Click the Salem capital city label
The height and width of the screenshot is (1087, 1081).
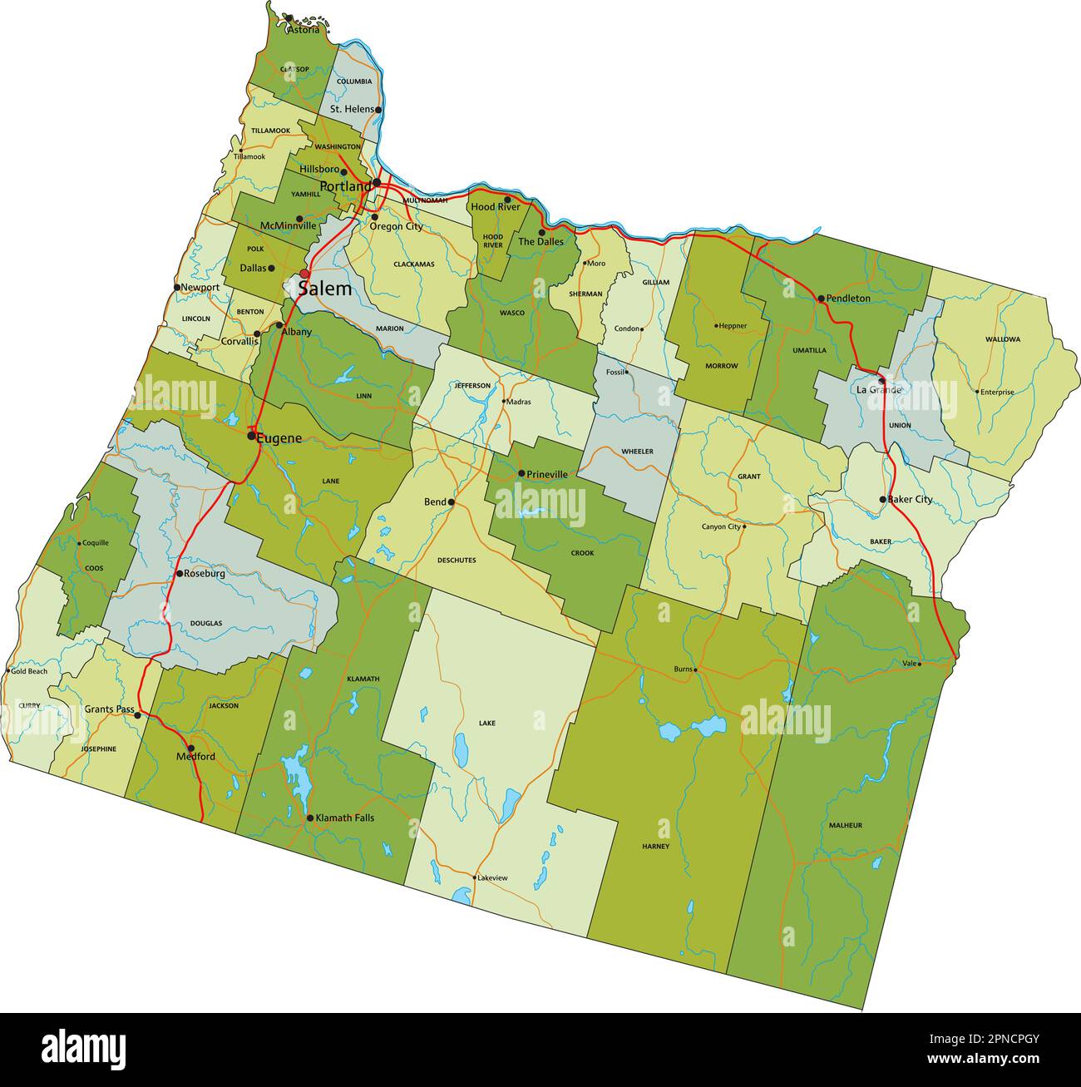(324, 289)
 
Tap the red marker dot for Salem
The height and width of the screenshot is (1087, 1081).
(304, 274)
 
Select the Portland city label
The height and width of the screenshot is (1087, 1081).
(344, 186)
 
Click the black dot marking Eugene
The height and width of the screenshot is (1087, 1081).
(251, 435)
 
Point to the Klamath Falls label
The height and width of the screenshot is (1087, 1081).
(345, 818)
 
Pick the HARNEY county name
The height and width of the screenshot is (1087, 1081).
(655, 846)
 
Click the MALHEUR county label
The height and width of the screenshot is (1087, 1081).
(845, 825)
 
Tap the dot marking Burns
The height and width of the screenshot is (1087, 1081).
(696, 669)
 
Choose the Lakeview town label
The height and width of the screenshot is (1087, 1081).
(492, 877)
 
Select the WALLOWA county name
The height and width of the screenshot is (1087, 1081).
(1002, 339)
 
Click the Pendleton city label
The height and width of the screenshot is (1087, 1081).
(848, 298)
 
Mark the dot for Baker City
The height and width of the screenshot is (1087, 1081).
(883, 500)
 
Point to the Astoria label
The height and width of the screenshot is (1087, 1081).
(303, 30)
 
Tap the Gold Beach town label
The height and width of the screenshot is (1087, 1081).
(29, 670)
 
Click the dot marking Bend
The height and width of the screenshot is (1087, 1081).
(452, 502)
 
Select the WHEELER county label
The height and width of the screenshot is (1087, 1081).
(637, 451)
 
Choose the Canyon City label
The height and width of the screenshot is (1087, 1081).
(721, 526)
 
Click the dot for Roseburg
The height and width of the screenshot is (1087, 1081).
(179, 574)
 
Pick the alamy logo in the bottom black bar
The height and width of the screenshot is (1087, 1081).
(83, 1050)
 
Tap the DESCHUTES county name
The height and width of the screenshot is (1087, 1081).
(457, 561)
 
